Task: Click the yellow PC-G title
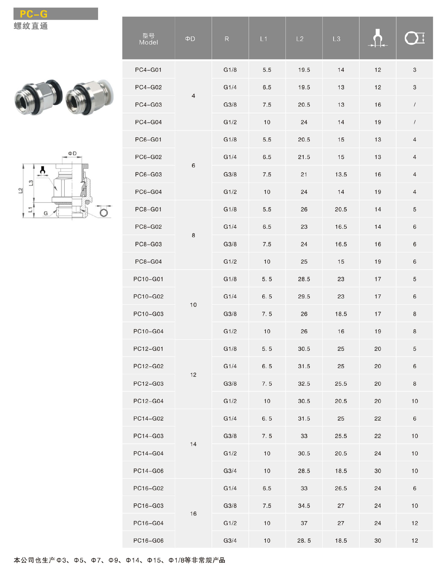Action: click(34, 14)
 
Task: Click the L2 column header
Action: click(300, 39)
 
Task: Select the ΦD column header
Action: click(190, 39)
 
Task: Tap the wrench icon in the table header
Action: click(377, 38)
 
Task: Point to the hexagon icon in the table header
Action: click(415, 38)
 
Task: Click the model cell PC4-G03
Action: click(148, 105)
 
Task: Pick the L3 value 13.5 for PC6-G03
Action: click(341, 175)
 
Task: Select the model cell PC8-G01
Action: click(148, 209)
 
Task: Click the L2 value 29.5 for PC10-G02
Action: click(304, 297)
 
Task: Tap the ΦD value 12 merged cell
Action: click(193, 375)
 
